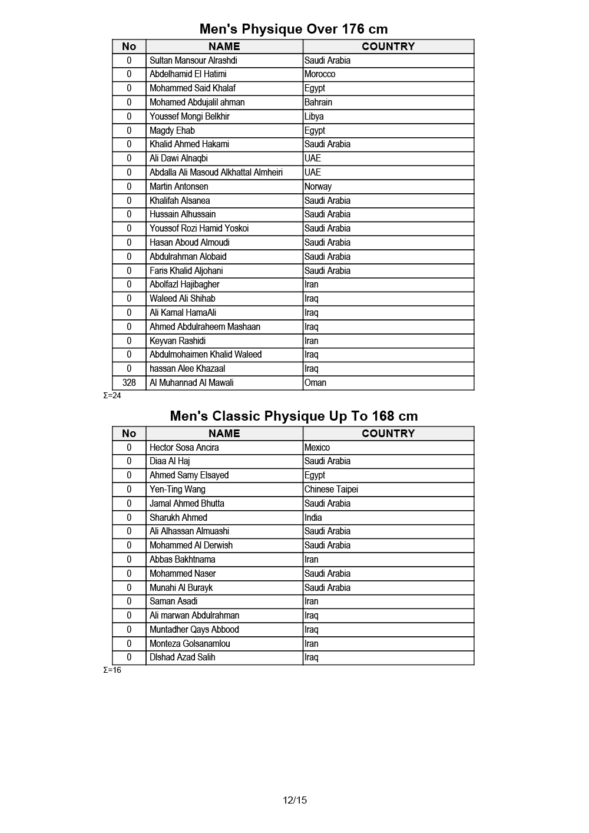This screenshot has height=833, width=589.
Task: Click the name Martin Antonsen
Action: coord(178,187)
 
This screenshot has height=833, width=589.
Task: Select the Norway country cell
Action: coord(318,187)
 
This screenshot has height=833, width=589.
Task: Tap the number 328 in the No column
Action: coord(129,383)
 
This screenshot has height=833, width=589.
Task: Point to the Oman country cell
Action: coord(315,383)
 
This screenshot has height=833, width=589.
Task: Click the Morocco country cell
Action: coord(320,74)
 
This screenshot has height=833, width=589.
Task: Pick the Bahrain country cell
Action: coord(318,103)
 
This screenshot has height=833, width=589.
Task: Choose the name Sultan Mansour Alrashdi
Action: coord(193,61)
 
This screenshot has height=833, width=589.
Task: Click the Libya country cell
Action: coord(314,117)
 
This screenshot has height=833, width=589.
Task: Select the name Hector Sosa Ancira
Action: coord(184,448)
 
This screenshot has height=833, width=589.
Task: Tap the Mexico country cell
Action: coord(317,448)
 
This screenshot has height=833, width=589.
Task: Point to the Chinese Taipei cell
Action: coord(331,490)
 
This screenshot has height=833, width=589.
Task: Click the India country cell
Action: coord(313,518)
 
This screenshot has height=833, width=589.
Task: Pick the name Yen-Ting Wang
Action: coord(177,490)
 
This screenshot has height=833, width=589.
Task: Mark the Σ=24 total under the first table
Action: coord(112,396)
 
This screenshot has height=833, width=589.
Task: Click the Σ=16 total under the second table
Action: coord(112,670)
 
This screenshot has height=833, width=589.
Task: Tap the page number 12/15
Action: coord(294,800)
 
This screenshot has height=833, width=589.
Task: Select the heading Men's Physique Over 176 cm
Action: coord(293,29)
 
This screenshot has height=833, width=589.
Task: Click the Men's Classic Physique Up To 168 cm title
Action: coord(293,416)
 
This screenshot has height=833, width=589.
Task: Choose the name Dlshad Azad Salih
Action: coord(182,657)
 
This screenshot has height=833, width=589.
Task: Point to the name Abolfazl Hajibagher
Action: coord(184,285)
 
